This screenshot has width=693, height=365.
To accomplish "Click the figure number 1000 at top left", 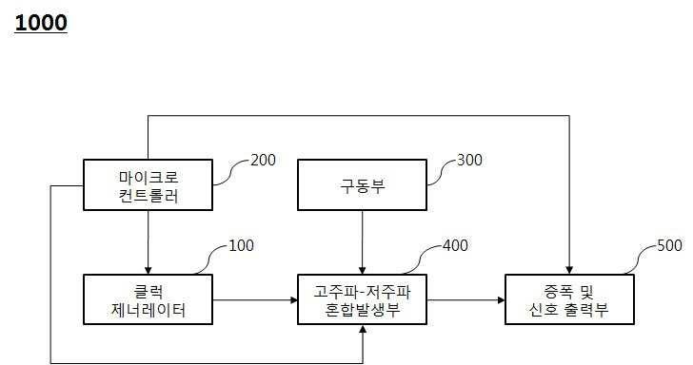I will (x=41, y=23).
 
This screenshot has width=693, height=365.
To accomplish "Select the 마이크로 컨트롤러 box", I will (x=147, y=185).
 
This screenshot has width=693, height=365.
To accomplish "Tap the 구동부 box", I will (x=362, y=185).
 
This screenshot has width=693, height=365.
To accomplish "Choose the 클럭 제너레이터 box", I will (x=147, y=299).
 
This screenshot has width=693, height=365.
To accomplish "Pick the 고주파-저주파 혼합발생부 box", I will (x=362, y=299).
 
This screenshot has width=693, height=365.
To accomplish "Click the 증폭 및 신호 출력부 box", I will (x=568, y=299).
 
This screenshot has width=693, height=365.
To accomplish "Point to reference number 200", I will (x=262, y=160).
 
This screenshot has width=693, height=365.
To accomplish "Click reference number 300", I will (x=471, y=160).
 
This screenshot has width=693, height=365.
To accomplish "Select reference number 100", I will (x=242, y=245).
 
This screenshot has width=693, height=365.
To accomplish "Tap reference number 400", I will (x=456, y=246).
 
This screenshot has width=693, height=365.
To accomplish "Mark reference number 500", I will (x=669, y=245).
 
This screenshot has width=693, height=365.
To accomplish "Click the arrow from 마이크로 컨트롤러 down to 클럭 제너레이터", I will (x=147, y=242).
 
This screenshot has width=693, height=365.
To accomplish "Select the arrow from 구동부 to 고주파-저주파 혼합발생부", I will (x=362, y=242).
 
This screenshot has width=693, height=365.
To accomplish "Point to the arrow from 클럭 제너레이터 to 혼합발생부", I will (x=253, y=299).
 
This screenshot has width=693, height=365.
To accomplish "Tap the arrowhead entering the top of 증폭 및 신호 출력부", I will (x=568, y=269).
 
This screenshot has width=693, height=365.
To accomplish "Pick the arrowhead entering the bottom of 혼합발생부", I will (x=362, y=331).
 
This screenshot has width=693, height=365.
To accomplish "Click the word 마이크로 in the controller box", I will (x=148, y=177).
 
